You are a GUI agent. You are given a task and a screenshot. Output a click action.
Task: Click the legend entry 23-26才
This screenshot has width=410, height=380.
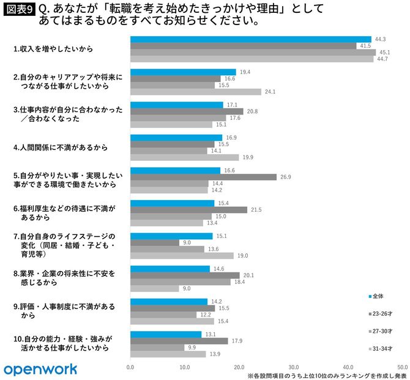coord(382,313)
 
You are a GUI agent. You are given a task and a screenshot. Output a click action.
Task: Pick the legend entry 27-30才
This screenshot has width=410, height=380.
coord(382,331)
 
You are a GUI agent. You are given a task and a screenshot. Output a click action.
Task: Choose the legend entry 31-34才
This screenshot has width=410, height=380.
coord(382,349)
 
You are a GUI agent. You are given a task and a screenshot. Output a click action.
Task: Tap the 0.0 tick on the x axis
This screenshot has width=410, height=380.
coord(130,367)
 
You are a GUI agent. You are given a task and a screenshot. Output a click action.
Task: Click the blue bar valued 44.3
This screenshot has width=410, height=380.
coord(251,39)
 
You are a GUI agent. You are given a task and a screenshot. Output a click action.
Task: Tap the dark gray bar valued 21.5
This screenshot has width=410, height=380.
coord(189,209)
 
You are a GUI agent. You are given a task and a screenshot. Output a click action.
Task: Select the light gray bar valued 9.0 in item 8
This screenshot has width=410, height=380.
coord(155,288)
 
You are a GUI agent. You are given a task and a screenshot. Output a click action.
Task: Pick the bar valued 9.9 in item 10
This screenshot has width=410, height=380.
coord(157,347)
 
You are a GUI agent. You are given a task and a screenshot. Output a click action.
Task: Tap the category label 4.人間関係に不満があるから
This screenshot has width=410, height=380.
coord(61,147)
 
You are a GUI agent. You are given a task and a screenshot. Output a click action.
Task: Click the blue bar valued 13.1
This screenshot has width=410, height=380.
coord(166,334)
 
